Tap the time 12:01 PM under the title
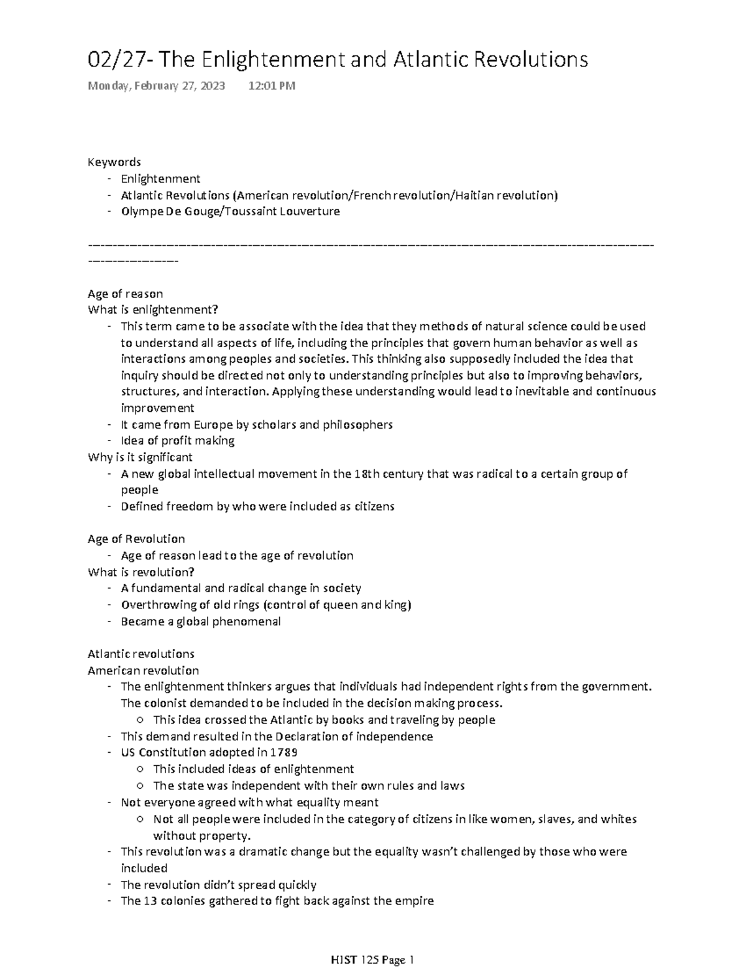[x=272, y=86]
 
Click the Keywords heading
[x=114, y=162]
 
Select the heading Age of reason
[x=125, y=294]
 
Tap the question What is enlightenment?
[x=153, y=310]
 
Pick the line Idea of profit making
[x=177, y=441]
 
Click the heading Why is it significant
[x=140, y=457]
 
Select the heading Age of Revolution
[x=136, y=539]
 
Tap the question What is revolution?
[x=141, y=572]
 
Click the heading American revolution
[x=143, y=671]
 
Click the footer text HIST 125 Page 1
[x=372, y=961]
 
